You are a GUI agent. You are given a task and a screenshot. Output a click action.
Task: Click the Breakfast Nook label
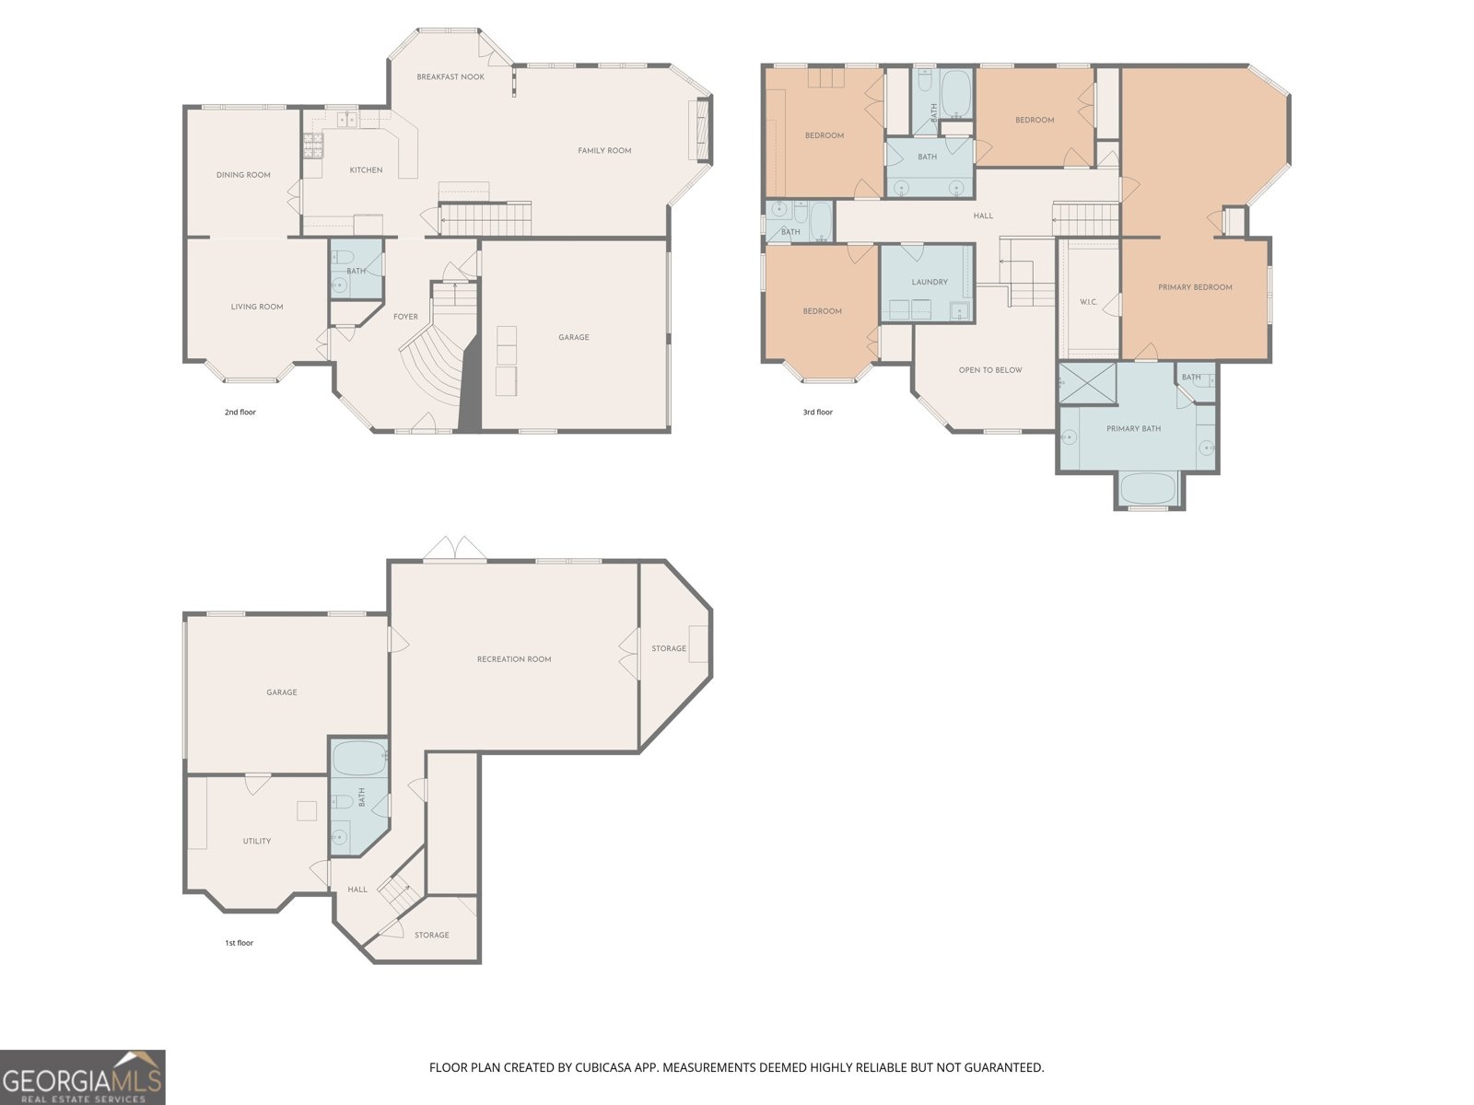[450, 77]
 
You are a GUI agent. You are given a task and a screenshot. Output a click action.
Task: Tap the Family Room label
[604, 151]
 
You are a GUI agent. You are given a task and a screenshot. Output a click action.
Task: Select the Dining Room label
[243, 175]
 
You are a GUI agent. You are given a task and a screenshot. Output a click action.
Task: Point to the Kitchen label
[366, 170]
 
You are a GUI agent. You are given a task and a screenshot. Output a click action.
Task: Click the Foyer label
[405, 317]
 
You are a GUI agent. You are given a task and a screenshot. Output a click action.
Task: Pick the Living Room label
[256, 307]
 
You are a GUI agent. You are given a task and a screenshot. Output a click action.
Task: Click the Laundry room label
[930, 282]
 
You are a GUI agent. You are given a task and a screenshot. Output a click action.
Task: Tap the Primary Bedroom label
[1195, 287]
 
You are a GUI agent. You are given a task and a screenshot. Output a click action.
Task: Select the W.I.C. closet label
[1089, 302]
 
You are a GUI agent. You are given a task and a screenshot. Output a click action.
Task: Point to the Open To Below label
[989, 369]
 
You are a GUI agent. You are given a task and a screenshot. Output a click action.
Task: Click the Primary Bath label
[1133, 429]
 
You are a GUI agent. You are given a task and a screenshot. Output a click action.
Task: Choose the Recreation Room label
[514, 659]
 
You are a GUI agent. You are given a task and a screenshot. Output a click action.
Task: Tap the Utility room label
[256, 841]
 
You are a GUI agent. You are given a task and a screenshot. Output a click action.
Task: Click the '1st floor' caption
[239, 943]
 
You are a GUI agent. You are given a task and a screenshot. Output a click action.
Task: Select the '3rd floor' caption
[817, 412]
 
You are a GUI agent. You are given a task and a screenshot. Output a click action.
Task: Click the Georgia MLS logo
[83, 1077]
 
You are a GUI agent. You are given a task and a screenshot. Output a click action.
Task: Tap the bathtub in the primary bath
[1148, 489]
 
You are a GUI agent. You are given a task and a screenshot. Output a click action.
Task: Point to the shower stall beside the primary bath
[1088, 383]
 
